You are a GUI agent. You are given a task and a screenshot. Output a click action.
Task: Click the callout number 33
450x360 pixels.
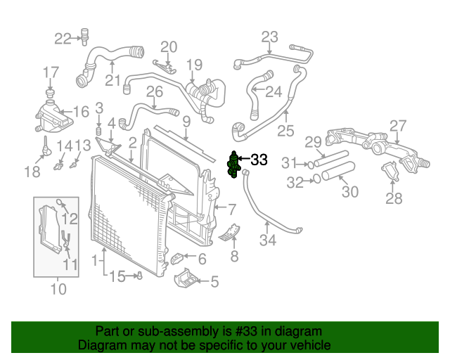click(259, 160)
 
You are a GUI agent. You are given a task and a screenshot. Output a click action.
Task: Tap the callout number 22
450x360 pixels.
click(63, 38)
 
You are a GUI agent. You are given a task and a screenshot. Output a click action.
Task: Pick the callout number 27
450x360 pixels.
click(399, 126)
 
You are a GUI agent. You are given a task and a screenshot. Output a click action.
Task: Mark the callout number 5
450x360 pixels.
click(214, 282)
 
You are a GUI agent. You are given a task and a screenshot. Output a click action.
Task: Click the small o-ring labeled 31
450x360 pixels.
click(310, 165)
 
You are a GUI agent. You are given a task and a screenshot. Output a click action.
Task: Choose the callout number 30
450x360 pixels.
click(349, 191)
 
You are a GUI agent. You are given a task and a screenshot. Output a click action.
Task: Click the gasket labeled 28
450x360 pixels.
click(389, 172)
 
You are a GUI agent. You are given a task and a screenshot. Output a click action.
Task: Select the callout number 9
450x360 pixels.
click(186, 122)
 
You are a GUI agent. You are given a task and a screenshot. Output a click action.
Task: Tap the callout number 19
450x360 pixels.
click(194, 66)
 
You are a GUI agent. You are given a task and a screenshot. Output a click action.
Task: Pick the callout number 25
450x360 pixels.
click(285, 130)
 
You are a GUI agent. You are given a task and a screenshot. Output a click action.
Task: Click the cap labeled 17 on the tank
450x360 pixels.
click(51, 93)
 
